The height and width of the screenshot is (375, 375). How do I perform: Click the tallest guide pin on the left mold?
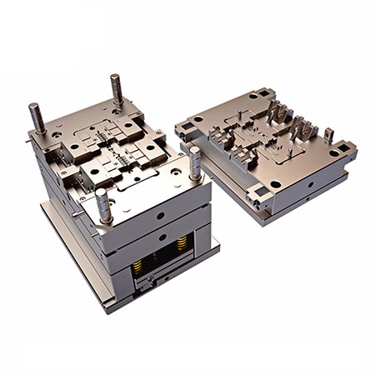116,90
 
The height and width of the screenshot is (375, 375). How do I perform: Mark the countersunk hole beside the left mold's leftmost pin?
52,133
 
